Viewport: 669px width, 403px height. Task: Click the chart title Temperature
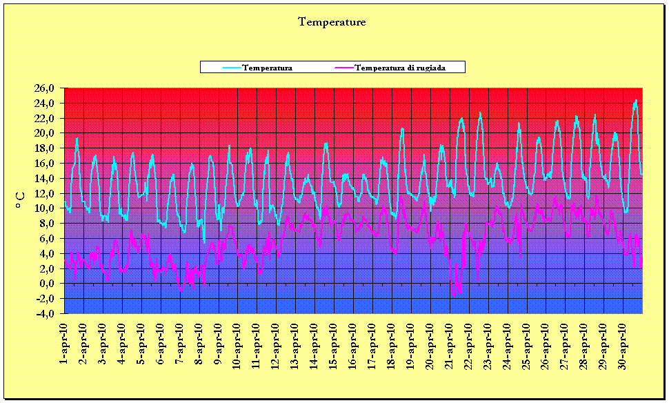tap(332, 22)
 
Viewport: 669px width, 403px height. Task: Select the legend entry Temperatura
tap(268, 68)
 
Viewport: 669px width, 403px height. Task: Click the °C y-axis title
tap(20, 200)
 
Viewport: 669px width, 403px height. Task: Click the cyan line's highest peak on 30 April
tap(636, 100)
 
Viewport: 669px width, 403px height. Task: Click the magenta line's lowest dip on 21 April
tap(454, 296)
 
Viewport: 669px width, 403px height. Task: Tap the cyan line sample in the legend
tap(232, 68)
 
